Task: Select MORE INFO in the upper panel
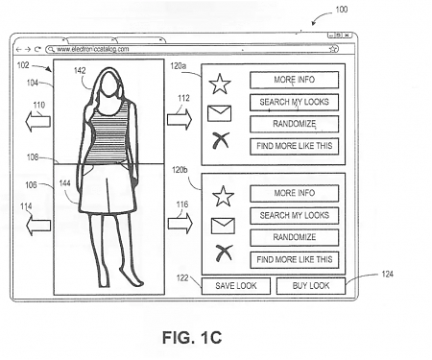click(295, 80)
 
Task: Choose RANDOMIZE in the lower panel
click(295, 237)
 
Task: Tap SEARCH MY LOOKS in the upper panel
click(295, 102)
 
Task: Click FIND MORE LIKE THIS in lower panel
click(295, 259)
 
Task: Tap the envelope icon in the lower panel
click(221, 227)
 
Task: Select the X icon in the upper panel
click(222, 142)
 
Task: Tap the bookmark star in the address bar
click(332, 48)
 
